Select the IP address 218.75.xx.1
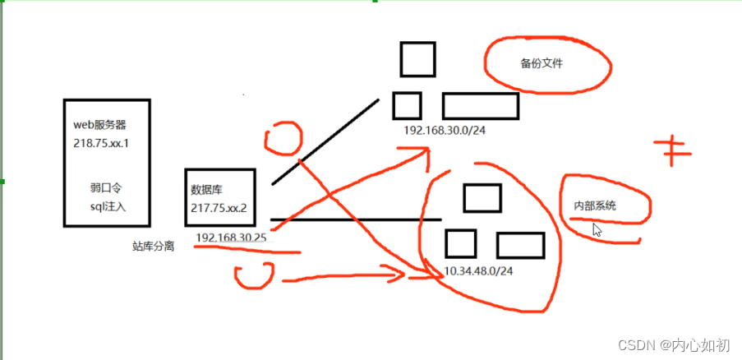[102, 143]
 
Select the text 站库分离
[153, 246]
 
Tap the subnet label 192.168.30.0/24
[445, 131]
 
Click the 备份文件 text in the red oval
[542, 63]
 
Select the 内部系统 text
[595, 206]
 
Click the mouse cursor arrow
[597, 230]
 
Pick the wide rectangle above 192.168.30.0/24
[480, 106]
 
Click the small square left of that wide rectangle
[407, 106]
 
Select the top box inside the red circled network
[482, 198]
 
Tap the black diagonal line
[325, 141]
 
